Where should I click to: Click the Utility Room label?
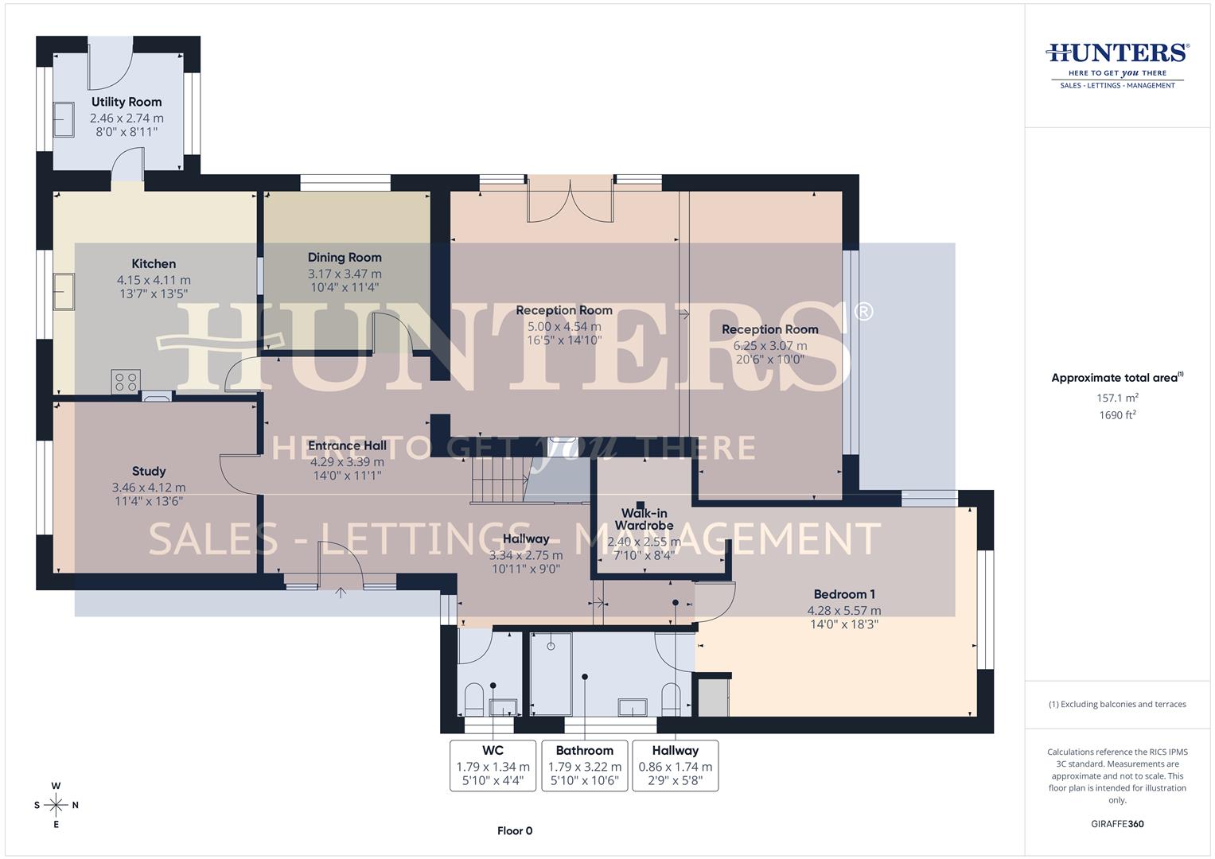click(126, 102)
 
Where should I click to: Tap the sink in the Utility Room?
click(64, 120)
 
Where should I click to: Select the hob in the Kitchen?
click(127, 381)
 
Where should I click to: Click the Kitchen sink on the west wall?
click(64, 292)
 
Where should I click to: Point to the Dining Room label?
click(345, 258)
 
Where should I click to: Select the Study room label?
click(149, 472)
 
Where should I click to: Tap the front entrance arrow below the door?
click(341, 593)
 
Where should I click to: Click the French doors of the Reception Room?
click(571, 203)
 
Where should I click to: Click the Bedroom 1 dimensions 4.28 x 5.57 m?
click(843, 611)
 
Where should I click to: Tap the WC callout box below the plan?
click(493, 765)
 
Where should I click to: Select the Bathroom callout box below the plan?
click(584, 765)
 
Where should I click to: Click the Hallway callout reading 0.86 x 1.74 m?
click(675, 767)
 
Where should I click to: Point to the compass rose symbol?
click(56, 805)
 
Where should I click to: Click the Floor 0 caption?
click(515, 831)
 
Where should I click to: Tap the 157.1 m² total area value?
click(1117, 398)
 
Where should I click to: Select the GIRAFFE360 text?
click(1117, 824)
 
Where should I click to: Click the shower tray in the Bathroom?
click(551, 674)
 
